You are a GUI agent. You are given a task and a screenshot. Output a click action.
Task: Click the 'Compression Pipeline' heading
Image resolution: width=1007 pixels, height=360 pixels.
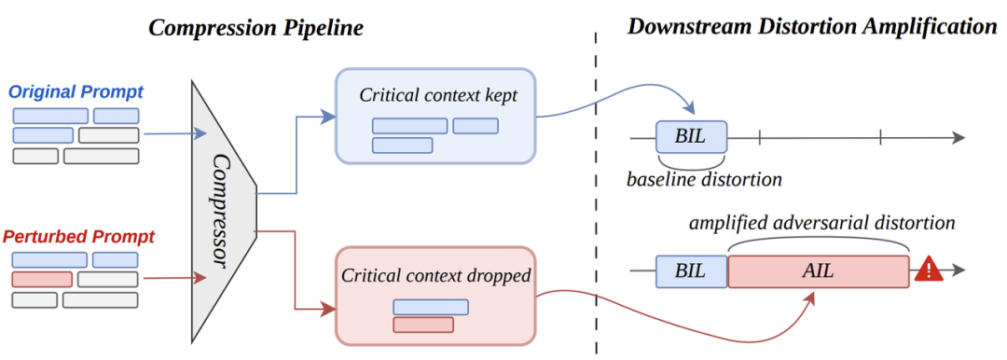255,28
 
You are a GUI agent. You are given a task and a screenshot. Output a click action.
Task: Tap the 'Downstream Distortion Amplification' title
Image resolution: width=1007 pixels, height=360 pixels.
811,27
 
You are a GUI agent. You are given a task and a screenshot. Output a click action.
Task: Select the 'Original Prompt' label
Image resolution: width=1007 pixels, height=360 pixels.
76,91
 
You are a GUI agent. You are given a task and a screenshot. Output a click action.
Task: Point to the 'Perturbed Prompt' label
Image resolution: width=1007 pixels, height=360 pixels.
78,237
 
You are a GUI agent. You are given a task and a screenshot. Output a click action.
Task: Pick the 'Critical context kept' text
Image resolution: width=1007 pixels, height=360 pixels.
438,95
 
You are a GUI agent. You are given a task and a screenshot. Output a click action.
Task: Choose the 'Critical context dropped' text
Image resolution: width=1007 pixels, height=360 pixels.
436,275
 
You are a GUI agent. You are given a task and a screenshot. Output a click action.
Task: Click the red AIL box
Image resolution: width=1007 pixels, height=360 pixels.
819,270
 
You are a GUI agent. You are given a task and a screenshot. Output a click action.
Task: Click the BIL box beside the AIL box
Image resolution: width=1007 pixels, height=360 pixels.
691,270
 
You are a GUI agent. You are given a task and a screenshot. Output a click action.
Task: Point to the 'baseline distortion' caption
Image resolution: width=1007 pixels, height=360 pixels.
704,179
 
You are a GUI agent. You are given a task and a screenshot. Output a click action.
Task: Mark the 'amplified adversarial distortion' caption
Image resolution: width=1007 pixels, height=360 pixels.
822,223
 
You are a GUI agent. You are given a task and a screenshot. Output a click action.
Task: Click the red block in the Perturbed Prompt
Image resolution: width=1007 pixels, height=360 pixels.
42,280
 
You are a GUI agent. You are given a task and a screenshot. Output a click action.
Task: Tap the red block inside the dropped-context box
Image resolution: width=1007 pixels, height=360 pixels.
423,325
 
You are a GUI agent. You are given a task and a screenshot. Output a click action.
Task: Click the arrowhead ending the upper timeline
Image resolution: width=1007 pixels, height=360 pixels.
958,137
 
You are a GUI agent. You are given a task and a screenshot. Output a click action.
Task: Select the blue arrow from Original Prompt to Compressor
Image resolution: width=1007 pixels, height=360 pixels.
175,133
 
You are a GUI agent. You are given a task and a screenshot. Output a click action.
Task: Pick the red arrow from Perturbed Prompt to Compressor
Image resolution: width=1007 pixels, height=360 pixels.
174,278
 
